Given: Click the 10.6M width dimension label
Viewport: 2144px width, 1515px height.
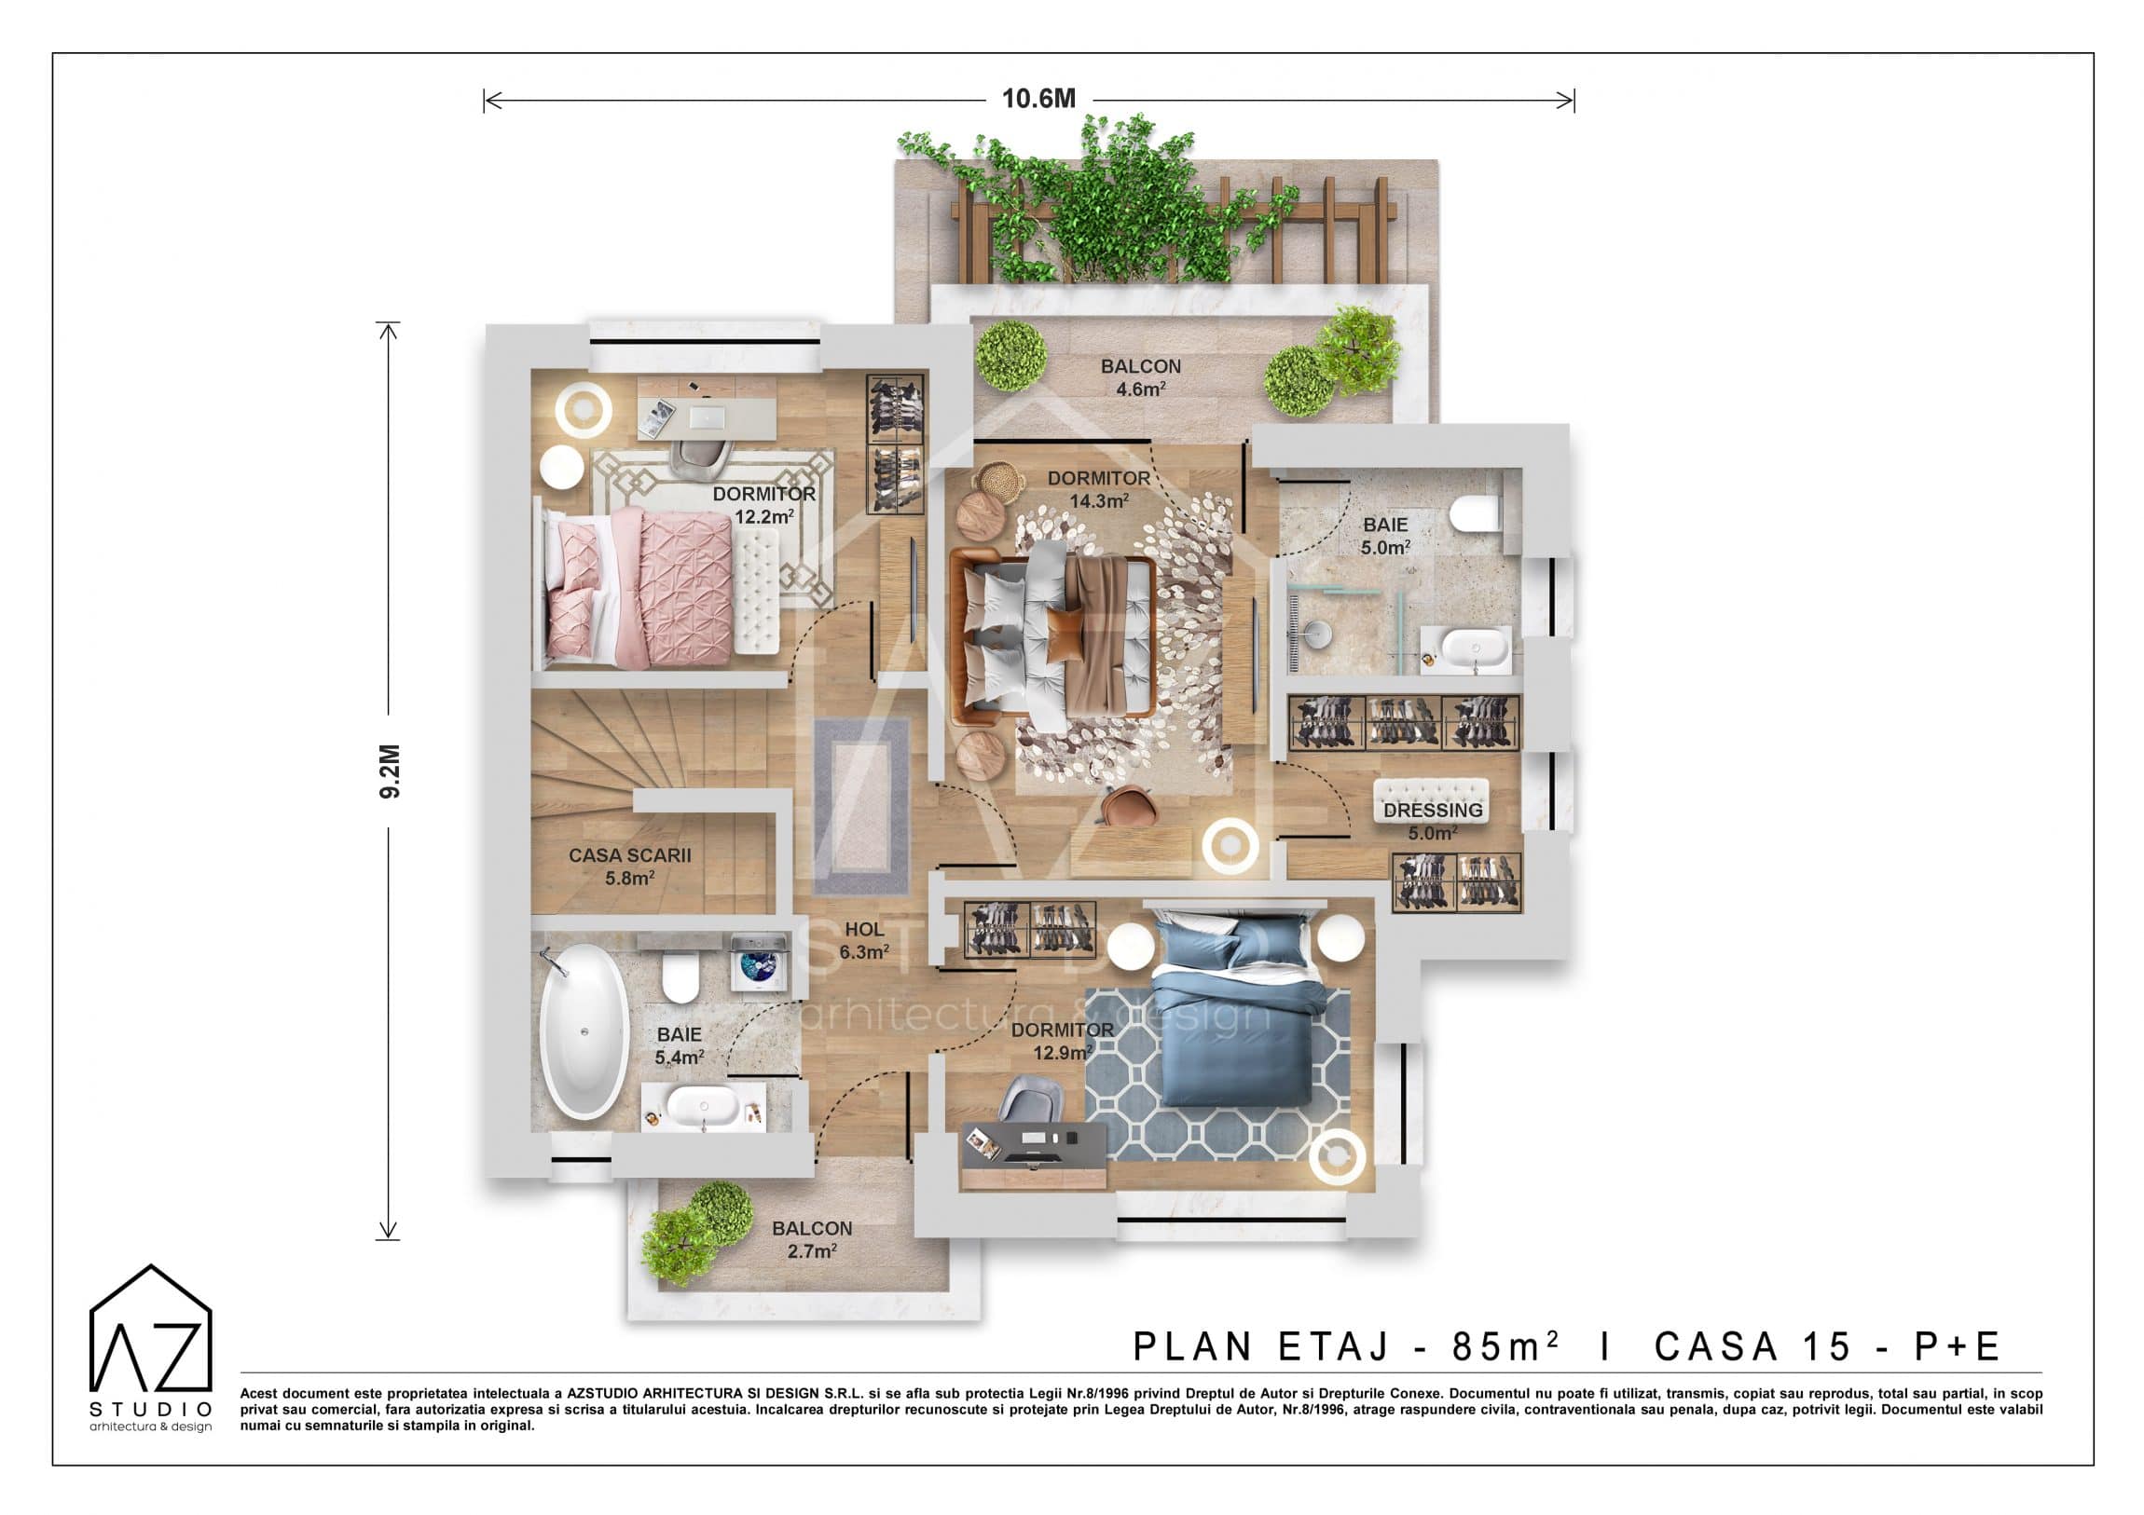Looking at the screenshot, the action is click(x=1038, y=99).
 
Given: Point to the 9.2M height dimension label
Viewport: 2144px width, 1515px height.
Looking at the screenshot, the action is click(x=390, y=771).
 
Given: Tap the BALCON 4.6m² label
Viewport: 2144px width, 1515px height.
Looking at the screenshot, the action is click(x=1140, y=378).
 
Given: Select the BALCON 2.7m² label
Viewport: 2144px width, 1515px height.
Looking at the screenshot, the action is click(x=812, y=1239).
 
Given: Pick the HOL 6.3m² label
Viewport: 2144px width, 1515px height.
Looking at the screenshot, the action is click(x=864, y=941).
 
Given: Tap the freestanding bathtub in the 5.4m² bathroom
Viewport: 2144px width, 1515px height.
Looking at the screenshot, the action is click(x=584, y=1031).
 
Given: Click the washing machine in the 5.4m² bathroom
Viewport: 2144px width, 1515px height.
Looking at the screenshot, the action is click(x=757, y=962).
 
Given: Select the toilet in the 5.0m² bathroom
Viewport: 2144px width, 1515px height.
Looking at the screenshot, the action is click(x=1477, y=512).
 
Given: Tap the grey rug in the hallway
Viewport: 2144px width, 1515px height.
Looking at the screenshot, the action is click(x=861, y=807).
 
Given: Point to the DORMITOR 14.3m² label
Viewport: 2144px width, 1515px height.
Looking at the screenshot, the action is click(x=1099, y=489).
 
